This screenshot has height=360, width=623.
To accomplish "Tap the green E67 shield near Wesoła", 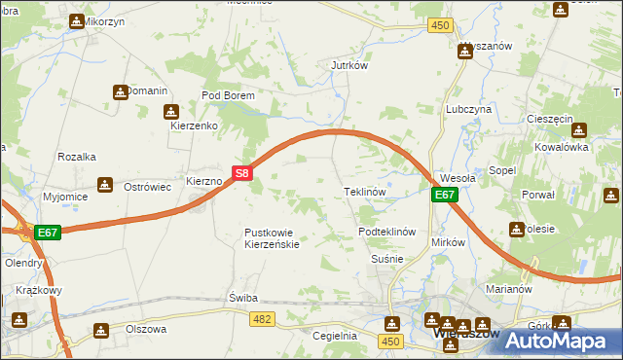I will tap(444, 196).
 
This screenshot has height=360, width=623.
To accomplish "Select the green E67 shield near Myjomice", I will tap(49, 233).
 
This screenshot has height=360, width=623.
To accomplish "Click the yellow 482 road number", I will tap(261, 318).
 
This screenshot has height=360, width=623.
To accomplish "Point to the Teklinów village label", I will tap(366, 193).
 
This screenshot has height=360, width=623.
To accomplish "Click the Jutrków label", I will tap(348, 66).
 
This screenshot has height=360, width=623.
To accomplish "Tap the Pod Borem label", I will tap(227, 96).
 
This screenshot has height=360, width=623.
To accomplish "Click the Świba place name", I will tap(241, 297).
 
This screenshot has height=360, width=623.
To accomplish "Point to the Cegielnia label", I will tap(335, 336).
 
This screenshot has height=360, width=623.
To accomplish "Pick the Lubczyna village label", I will tap(468, 110).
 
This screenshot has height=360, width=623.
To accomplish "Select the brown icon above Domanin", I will tap(120, 91).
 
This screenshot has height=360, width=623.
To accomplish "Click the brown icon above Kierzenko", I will tap(171, 112).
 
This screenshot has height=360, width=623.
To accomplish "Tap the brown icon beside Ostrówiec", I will tap(105, 185).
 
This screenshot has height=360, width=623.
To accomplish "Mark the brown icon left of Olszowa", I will tap(100, 331).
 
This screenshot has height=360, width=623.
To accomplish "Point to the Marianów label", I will tap(507, 288).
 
